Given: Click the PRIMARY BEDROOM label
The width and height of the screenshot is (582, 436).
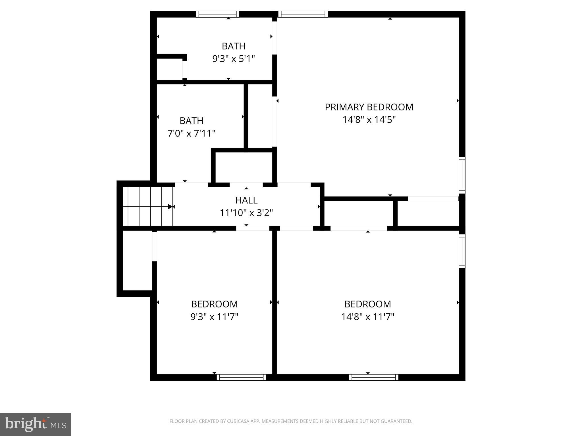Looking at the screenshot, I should [x=369, y=107].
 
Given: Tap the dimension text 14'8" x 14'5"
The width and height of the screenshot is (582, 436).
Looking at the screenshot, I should [x=369, y=120].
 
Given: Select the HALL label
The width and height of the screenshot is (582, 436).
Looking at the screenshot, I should [x=246, y=200].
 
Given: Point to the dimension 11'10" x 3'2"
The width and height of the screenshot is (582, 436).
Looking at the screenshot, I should [x=246, y=213].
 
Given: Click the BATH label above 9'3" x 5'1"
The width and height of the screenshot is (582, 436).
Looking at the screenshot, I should [x=233, y=46].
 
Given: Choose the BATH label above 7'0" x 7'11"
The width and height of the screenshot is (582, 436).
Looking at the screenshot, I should [x=191, y=121].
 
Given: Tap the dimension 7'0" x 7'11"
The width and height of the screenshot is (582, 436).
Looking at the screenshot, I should [x=191, y=133].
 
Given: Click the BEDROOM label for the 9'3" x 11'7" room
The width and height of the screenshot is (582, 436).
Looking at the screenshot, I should [x=214, y=304].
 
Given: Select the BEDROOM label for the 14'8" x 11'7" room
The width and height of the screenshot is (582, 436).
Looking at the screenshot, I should [x=367, y=304].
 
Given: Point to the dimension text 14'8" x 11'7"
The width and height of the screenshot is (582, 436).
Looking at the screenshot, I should [x=367, y=316].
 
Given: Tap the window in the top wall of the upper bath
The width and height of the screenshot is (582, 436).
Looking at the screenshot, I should [x=217, y=14].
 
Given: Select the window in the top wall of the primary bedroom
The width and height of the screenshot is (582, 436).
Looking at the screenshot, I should [x=303, y=14].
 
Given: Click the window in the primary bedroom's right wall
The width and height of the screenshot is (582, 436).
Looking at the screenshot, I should [x=462, y=175].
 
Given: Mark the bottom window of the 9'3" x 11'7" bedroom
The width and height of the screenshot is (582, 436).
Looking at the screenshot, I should [x=241, y=377].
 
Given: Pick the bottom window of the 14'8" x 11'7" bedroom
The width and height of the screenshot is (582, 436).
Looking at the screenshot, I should [x=373, y=377].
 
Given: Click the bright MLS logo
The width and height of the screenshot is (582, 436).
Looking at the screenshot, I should [x=35, y=424].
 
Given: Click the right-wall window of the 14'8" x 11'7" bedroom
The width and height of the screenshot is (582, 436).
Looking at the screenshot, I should [x=462, y=251].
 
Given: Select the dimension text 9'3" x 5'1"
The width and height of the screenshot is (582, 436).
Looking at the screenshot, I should [x=233, y=59].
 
